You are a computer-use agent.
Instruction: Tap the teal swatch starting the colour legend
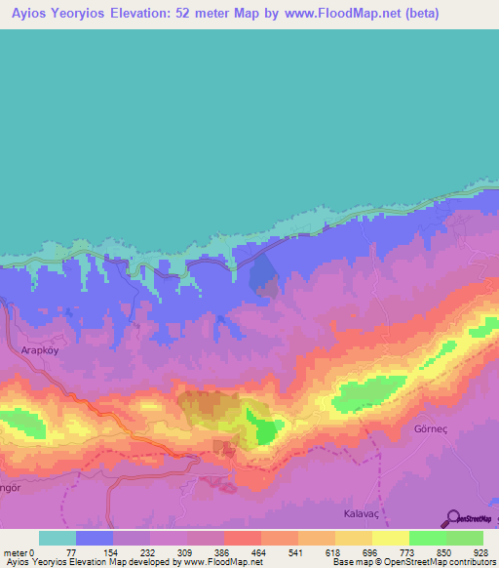[x=58, y=538]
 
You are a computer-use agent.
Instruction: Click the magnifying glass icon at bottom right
[x=450, y=518]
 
